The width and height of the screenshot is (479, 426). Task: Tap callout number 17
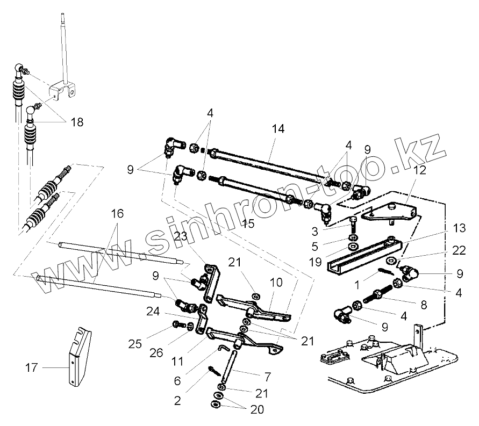point(32,369)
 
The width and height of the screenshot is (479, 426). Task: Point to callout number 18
point(77,122)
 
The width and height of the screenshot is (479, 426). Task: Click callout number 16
point(118,214)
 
